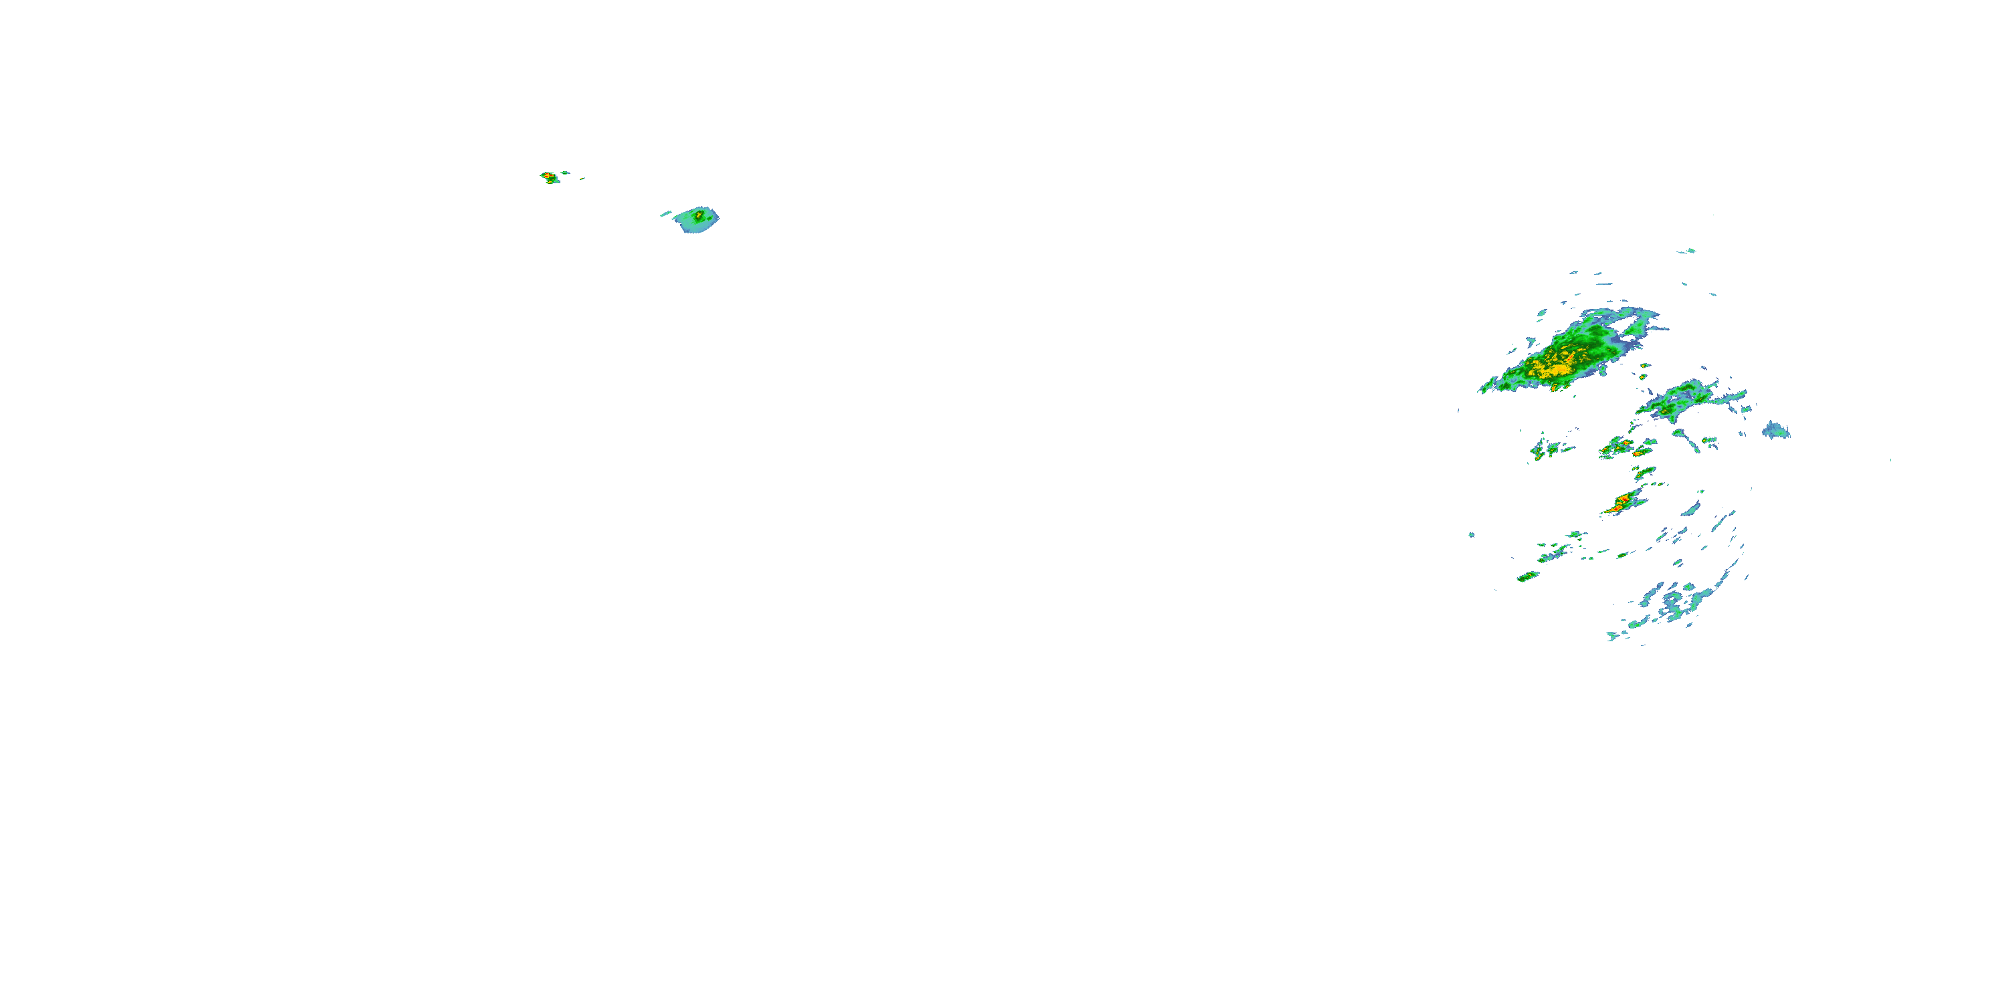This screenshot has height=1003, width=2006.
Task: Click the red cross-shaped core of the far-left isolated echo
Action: [x=549, y=176]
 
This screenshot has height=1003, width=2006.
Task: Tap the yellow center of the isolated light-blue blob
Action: [x=699, y=214]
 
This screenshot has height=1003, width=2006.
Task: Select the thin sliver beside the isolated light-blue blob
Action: [x=666, y=213]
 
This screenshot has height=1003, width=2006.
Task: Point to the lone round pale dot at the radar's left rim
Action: [x=1471, y=534]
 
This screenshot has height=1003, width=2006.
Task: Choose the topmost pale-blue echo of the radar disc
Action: [x=1687, y=251]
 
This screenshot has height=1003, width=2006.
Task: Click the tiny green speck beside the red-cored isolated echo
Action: [x=564, y=172]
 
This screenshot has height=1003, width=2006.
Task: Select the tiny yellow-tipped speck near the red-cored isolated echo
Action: [x=582, y=179]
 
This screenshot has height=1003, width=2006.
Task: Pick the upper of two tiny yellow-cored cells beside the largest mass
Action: [x=1644, y=365]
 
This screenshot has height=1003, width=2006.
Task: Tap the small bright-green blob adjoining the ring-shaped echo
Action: [x=1689, y=586]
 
